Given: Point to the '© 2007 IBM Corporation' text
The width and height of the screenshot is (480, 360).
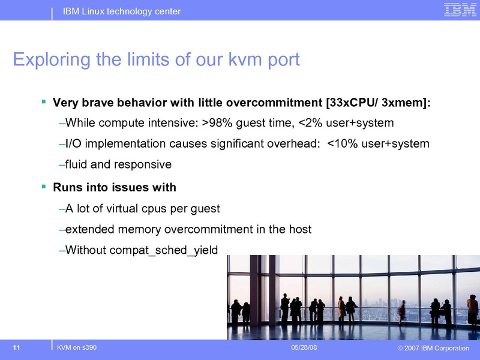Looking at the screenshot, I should pyautogui.click(x=429, y=349).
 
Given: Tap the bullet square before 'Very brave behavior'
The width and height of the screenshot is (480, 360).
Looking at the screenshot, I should pyautogui.click(x=43, y=102).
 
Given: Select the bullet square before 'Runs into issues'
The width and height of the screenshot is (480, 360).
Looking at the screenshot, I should pyautogui.click(x=43, y=187).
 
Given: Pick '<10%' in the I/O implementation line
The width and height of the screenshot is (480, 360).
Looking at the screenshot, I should pyautogui.click(x=340, y=144).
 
